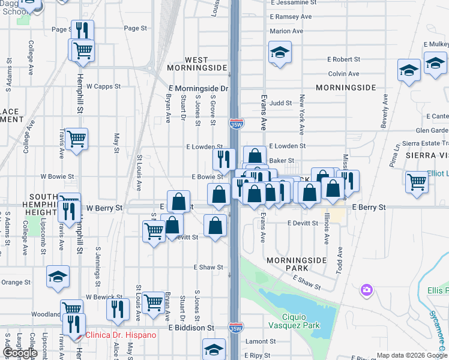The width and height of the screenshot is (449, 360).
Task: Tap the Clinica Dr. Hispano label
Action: point(121,335)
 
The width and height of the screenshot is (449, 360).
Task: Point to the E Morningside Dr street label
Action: point(199,88)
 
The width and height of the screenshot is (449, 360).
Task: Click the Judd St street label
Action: point(280,103)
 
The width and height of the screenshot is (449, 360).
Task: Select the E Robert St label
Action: point(343,59)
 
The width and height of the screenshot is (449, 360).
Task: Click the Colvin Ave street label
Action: point(343,74)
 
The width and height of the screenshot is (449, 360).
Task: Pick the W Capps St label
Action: point(104,86)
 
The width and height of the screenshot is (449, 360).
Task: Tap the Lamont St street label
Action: point(261,341)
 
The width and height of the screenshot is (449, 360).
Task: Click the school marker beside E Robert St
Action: point(280,53)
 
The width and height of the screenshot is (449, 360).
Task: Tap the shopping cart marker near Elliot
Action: point(417,181)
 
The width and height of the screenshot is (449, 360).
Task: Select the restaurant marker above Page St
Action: point(82,31)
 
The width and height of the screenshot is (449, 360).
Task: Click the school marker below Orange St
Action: point(58,277)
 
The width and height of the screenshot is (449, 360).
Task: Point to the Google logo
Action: point(20,353)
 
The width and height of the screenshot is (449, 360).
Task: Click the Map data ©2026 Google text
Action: point(411,355)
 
